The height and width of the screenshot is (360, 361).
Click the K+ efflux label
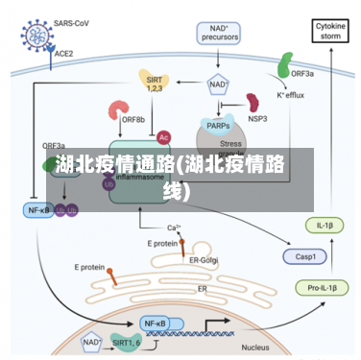pos(291,96)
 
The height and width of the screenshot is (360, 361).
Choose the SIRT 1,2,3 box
pos(154,82)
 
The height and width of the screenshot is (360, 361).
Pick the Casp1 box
pos(305,256)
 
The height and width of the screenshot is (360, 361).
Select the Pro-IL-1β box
pos(319,289)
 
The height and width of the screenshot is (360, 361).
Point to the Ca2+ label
pos(174,228)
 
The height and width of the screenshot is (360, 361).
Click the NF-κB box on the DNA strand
pos(155,324)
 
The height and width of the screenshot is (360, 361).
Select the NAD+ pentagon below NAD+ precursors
pos(218,84)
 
